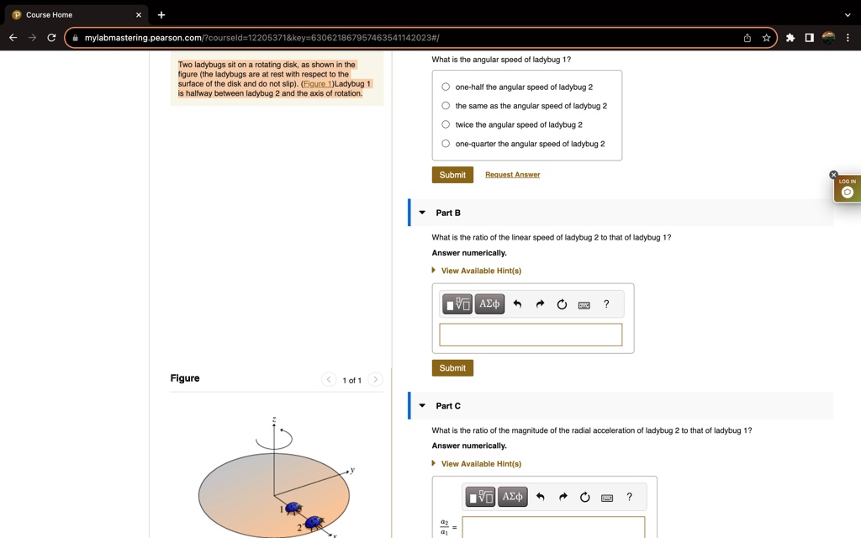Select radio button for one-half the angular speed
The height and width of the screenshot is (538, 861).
pos(446,87)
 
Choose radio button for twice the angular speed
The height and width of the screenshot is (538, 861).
pos(446,124)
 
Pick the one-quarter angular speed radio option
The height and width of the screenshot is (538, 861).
pos(446,144)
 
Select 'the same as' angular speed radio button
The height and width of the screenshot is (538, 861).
pos(446,106)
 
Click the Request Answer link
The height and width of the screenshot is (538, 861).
pos(512,175)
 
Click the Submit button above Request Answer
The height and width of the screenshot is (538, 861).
pos(452,175)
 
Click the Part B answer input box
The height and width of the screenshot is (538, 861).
pos(531,335)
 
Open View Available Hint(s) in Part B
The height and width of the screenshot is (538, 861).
pos(481,271)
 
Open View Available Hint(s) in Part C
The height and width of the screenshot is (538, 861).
pos(481,464)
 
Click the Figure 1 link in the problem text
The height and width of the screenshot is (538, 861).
pos(318,84)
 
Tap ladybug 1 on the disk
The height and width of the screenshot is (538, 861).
pos(293,508)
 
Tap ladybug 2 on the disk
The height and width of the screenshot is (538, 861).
pos(314,523)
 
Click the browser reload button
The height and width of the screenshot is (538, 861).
pos(52,38)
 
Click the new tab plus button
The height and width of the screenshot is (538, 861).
pos(161,14)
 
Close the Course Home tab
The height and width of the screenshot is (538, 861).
pos(140,14)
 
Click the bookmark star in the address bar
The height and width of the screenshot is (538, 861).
pos(766,38)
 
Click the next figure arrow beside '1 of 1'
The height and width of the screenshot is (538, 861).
pos(376,380)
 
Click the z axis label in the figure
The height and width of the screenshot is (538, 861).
pos(274,419)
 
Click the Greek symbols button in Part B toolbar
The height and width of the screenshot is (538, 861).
pos(489,304)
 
